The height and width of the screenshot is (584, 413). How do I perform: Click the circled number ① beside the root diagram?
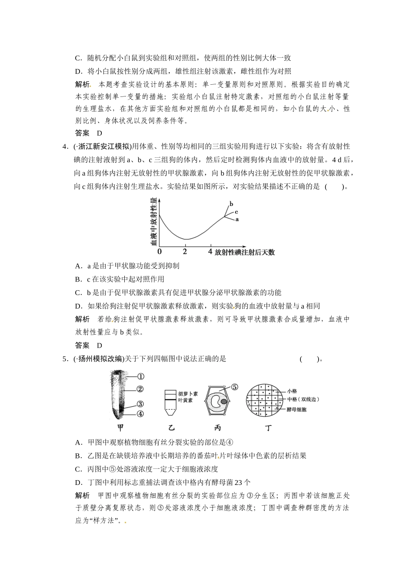(140, 376)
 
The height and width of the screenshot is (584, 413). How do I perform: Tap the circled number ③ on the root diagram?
(140, 403)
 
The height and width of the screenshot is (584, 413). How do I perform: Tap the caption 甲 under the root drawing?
(121, 428)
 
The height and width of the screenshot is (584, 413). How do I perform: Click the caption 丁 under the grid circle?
(269, 428)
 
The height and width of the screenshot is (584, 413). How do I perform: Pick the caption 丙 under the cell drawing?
(218, 428)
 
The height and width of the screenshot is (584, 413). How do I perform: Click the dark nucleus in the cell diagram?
(223, 401)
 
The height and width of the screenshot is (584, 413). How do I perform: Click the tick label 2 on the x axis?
(185, 252)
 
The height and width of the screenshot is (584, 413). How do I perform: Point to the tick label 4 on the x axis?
(210, 252)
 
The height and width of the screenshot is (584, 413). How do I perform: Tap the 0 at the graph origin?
(160, 252)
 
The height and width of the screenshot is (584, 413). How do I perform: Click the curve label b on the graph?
(231, 203)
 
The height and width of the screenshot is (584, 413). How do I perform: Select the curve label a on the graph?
(237, 219)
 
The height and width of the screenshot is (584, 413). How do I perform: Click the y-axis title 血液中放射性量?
(153, 221)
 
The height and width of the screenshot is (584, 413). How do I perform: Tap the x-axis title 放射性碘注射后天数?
(245, 252)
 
